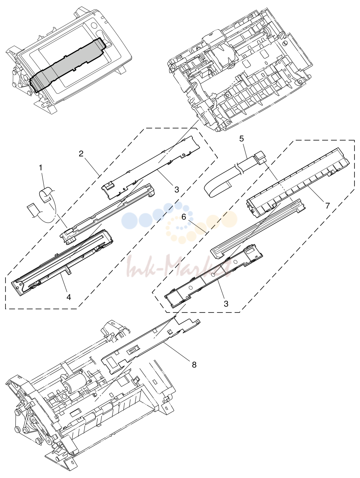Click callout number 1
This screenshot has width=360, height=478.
click(40, 168)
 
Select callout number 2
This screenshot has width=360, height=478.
click(81, 154)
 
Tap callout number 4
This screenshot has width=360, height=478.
click(69, 297)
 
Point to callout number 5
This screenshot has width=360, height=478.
click(241, 138)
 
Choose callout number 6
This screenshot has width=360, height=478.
click(184, 217)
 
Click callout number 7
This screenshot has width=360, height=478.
click(327, 205)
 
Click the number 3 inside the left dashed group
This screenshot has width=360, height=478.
click(177, 189)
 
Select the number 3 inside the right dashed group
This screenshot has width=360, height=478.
click(226, 304)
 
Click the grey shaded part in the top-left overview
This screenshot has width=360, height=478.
click(68, 65)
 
